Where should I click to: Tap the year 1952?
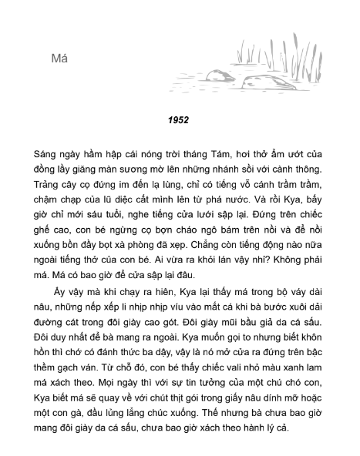click(x=179, y=119)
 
